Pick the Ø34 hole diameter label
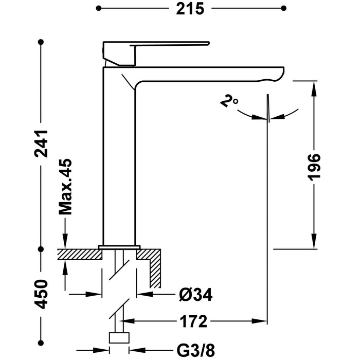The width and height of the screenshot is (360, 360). click(x=195, y=295)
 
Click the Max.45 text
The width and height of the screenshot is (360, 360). click(x=65, y=186)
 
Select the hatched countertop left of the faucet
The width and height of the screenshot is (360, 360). click(x=77, y=254)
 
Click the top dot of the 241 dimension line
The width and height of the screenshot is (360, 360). click(x=41, y=41)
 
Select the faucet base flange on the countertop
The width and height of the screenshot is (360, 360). click(x=119, y=247)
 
